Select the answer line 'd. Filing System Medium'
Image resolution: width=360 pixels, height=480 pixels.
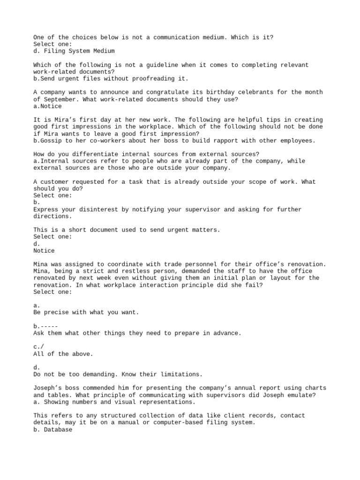(74, 51)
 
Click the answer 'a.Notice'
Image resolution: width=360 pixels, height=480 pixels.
(47, 106)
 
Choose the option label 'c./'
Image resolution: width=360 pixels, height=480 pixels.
(39, 347)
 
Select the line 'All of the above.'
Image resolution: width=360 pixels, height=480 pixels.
(63, 354)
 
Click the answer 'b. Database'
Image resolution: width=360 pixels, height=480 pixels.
(53, 429)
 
